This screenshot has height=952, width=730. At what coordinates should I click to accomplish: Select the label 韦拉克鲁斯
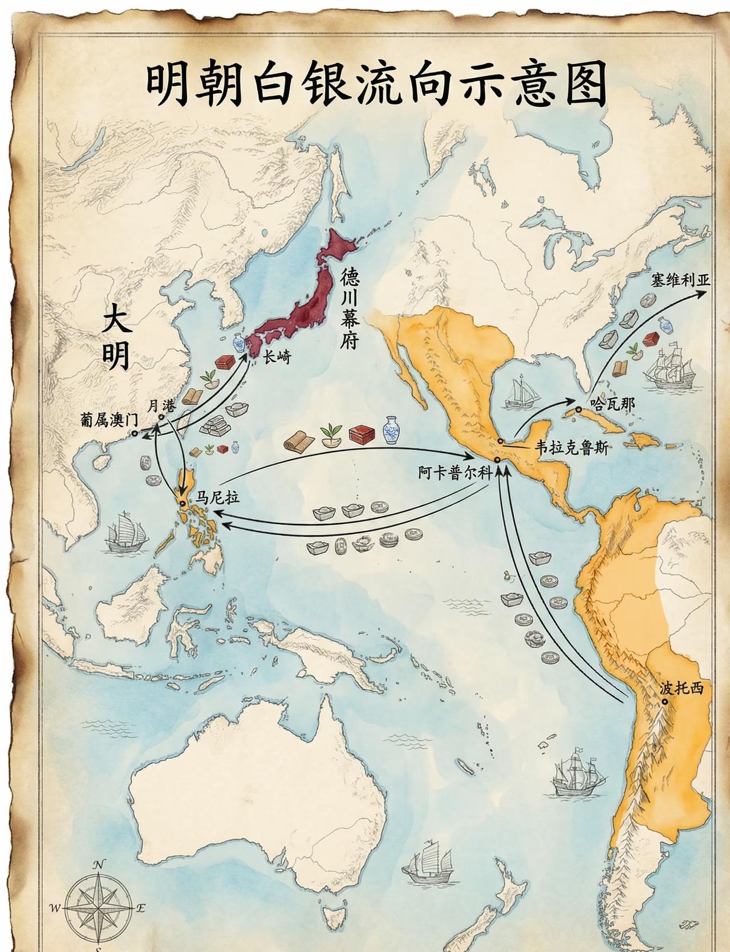571,447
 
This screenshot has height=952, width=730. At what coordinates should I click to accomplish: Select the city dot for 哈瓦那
578,409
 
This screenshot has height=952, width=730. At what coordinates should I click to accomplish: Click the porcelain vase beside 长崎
238,343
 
